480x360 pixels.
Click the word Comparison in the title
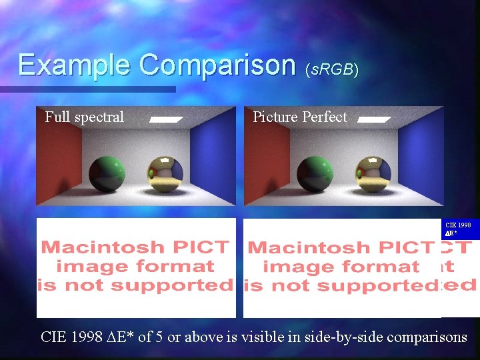(x=217, y=65)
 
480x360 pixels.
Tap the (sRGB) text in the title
(x=331, y=70)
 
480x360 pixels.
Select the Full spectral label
(x=84, y=117)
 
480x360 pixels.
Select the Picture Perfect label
(x=300, y=117)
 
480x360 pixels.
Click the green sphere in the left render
(x=107, y=175)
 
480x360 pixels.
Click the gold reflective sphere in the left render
(x=165, y=175)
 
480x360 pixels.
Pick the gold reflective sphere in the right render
(x=373, y=175)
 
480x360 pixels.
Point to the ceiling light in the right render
(x=373, y=120)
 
